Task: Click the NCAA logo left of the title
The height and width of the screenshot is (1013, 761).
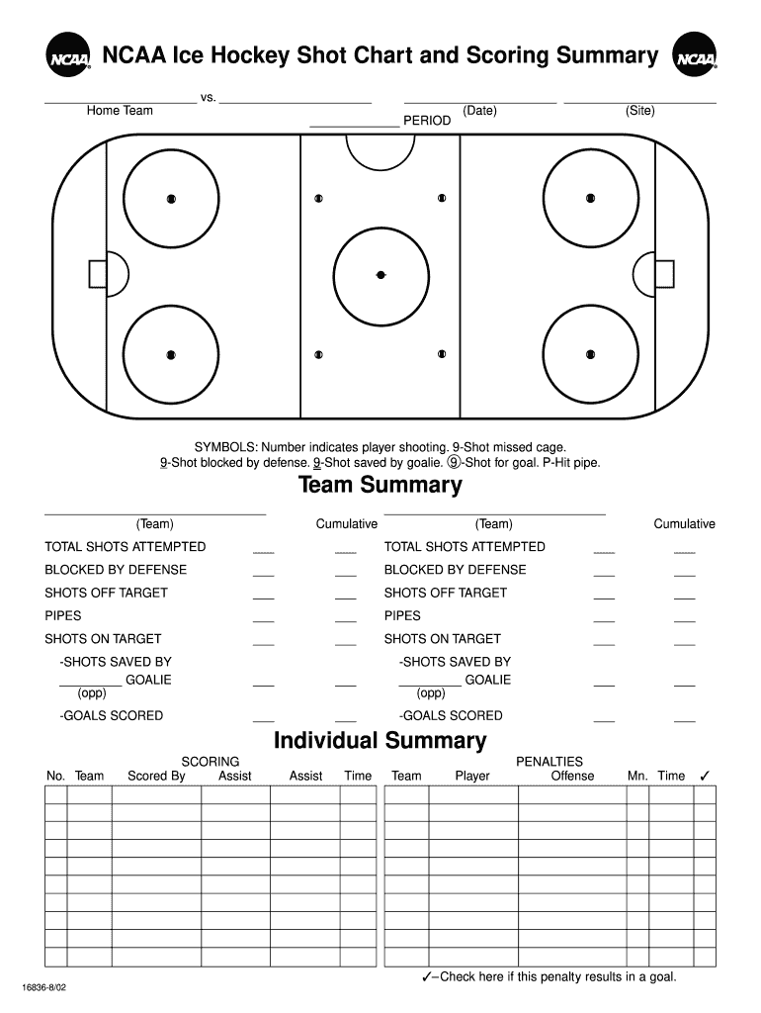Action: click(x=67, y=55)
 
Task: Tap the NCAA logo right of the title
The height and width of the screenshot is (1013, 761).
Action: click(x=694, y=55)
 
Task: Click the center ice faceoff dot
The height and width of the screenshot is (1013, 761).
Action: click(x=380, y=274)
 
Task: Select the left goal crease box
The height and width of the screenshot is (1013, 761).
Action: click(x=97, y=273)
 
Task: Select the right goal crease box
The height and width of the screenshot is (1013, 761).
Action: click(x=664, y=273)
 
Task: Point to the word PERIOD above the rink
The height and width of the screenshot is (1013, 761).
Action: click(x=427, y=121)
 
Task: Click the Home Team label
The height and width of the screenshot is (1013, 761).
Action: click(x=120, y=111)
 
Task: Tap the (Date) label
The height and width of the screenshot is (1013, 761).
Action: click(x=480, y=111)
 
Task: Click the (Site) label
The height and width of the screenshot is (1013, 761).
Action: click(x=639, y=111)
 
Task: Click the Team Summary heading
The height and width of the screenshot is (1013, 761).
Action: click(x=380, y=485)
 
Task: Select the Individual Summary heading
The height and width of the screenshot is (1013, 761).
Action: click(x=380, y=740)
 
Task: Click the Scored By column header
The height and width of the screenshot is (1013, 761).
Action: click(x=156, y=777)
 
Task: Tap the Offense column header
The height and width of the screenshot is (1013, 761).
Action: click(x=572, y=777)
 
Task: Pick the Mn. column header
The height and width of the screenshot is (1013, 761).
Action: click(x=637, y=777)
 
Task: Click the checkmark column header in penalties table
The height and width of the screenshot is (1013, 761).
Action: click(x=705, y=776)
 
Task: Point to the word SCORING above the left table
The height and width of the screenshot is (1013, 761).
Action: click(x=210, y=762)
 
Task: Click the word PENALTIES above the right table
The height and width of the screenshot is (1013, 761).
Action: click(x=550, y=762)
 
